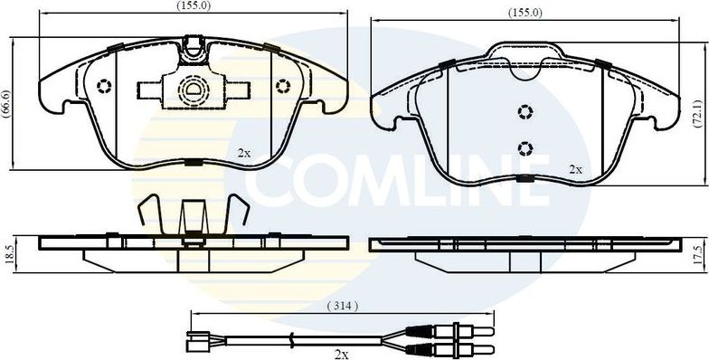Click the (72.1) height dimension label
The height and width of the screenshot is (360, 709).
[696, 111]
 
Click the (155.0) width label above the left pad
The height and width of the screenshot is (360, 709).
[193, 5]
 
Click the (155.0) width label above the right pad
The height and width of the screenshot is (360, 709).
[525, 13]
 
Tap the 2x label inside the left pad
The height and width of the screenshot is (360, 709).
[244, 152]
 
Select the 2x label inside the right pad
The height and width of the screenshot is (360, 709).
[575, 169]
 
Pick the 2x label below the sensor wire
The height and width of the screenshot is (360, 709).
[341, 354]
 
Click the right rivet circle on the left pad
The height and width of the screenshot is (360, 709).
[282, 87]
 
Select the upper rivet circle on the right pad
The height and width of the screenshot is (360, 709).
[525, 111]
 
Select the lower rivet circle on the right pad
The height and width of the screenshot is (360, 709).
[525, 147]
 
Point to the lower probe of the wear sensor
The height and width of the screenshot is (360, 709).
[452, 348]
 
